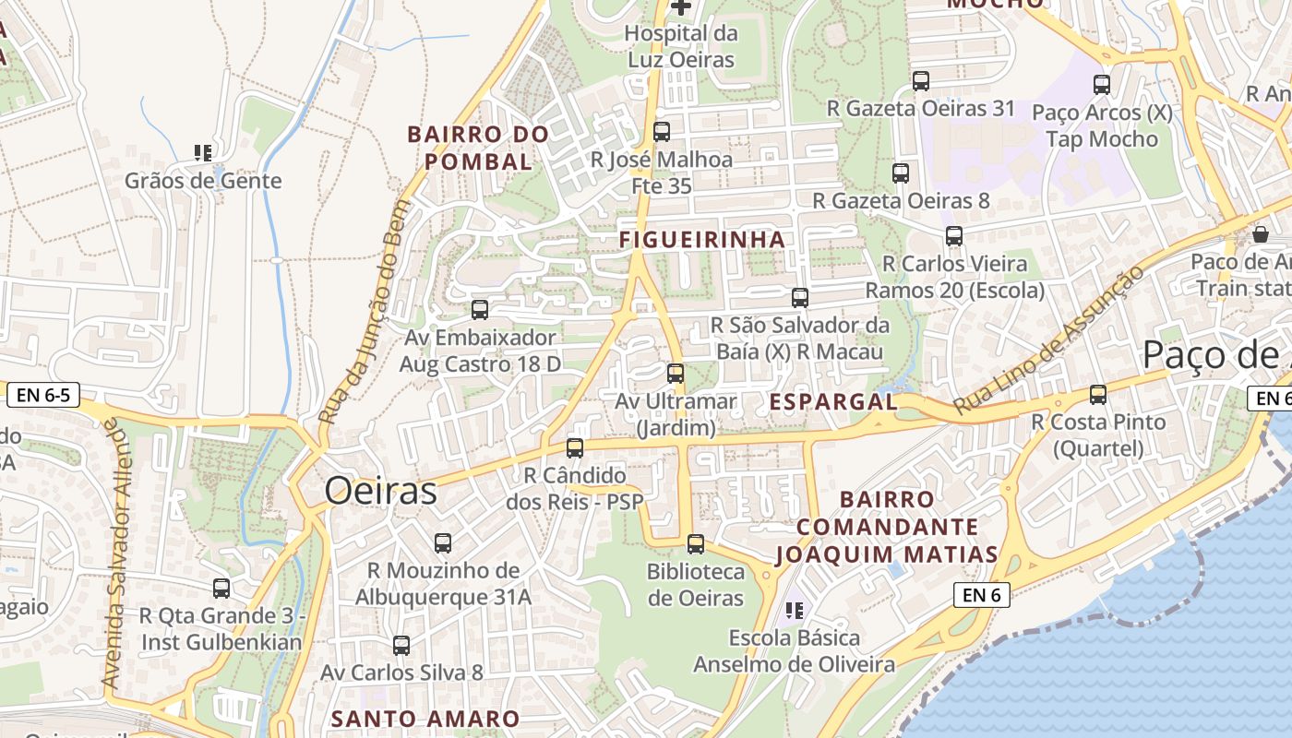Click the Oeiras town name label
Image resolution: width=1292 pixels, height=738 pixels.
click(x=380, y=491)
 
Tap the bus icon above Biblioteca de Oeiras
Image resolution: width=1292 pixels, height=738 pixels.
click(x=696, y=544)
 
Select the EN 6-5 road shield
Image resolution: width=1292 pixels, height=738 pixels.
click(x=43, y=396)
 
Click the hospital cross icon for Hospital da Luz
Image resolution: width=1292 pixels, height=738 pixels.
click(x=681, y=7)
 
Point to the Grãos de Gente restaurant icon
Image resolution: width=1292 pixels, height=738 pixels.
click(x=203, y=153)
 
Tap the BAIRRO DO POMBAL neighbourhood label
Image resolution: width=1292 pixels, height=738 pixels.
click(x=478, y=148)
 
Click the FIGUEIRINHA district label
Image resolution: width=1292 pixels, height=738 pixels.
click(x=702, y=239)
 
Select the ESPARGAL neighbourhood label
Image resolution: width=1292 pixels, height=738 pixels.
click(x=833, y=401)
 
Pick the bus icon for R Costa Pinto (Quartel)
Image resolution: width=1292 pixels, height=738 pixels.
click(x=1098, y=395)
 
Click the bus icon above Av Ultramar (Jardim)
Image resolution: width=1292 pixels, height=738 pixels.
click(x=676, y=374)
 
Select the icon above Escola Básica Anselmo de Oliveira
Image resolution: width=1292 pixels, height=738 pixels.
click(x=795, y=610)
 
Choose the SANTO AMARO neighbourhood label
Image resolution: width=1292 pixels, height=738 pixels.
click(x=425, y=719)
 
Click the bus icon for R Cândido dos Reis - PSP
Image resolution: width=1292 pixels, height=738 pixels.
click(x=575, y=448)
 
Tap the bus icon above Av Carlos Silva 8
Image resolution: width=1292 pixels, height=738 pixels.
click(x=401, y=646)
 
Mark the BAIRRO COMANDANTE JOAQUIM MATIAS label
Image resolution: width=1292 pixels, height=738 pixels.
click(x=887, y=527)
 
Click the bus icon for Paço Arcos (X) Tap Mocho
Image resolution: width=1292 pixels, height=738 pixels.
click(x=1102, y=85)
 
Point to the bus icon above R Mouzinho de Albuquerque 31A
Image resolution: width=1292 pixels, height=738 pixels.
click(x=443, y=543)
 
